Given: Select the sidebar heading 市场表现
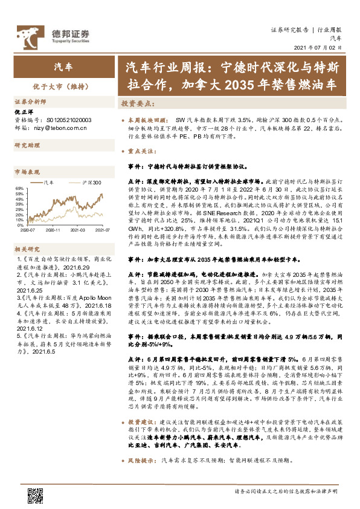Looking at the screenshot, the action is pos(27,172).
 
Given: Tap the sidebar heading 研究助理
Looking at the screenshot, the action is pos(27,146).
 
